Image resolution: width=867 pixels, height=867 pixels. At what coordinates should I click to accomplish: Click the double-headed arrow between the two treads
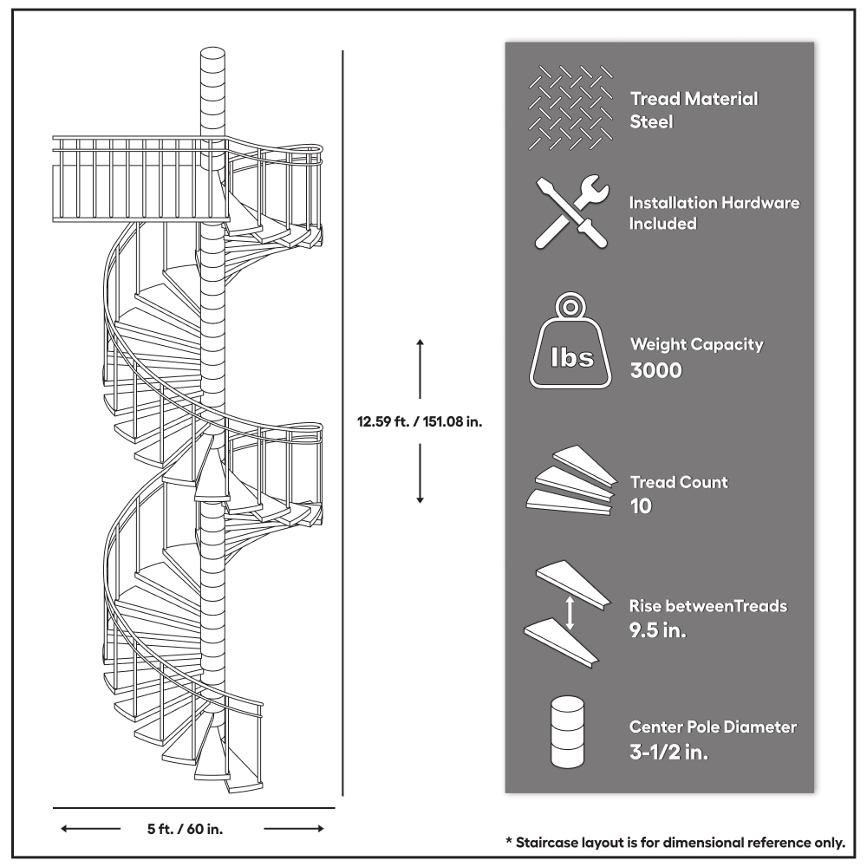570,612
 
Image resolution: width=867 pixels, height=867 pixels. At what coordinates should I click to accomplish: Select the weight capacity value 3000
656,370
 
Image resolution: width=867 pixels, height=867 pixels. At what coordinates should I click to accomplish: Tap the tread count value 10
641,506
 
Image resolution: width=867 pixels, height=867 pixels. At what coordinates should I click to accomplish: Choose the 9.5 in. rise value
658,630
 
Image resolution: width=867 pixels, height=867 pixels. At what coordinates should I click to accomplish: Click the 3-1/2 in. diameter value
668,752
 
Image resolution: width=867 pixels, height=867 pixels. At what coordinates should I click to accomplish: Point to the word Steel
651,122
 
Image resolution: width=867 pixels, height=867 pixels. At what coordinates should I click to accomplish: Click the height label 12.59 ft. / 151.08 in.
420,423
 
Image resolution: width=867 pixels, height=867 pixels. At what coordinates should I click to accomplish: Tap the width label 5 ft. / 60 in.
185,829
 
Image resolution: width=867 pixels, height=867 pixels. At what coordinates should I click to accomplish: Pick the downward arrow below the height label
420,482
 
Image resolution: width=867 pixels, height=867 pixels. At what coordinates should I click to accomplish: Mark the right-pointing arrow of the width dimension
295,829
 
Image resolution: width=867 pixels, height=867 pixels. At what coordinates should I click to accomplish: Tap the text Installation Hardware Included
714,212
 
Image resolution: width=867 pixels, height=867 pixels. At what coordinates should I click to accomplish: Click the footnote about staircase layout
676,841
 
